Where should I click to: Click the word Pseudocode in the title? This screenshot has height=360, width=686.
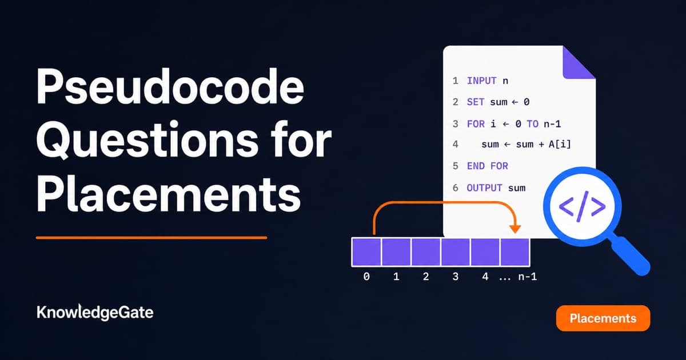170,87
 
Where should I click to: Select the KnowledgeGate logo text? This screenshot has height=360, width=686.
95,313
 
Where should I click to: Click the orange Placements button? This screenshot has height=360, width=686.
603,318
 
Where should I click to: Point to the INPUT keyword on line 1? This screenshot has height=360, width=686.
481,81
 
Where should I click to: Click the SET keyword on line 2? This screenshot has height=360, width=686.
475,102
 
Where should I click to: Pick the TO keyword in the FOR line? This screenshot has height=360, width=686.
533,124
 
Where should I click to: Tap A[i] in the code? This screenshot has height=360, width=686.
560,144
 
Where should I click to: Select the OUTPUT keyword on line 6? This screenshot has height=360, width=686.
484,187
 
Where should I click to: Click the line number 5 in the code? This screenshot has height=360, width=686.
456,166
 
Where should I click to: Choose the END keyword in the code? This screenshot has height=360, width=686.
475,166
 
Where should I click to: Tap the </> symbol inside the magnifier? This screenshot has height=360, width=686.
582,207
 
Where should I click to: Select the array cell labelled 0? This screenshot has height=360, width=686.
366,252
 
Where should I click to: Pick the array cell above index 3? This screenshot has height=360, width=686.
456,252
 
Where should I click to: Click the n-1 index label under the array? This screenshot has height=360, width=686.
527,277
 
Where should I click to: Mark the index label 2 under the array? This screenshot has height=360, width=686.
426,277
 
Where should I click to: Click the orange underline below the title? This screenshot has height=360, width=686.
151,238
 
